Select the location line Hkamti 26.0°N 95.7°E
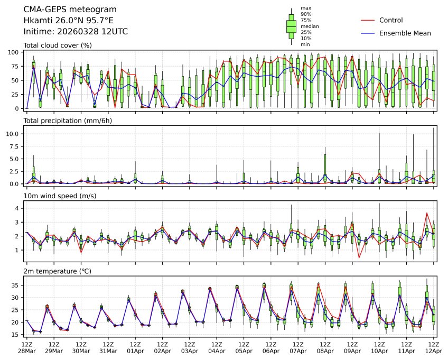(69, 21)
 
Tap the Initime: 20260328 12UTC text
(76, 32)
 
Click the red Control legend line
(368, 20)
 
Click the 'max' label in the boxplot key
(305, 8)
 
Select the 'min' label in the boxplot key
(305, 44)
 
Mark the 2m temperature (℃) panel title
(58, 271)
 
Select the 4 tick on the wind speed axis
(17, 208)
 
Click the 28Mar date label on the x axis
(26, 351)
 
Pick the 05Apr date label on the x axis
(244, 351)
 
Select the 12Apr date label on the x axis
(433, 351)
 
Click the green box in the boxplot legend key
(291, 25)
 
